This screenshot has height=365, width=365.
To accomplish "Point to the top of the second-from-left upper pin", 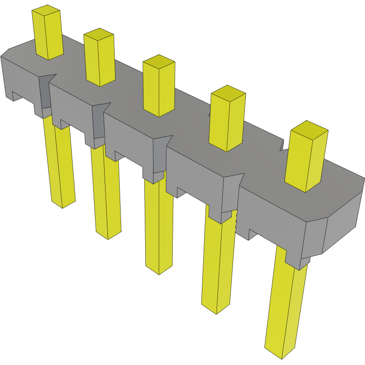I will click(99, 34).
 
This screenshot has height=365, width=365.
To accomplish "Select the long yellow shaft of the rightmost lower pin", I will click(286, 311).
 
